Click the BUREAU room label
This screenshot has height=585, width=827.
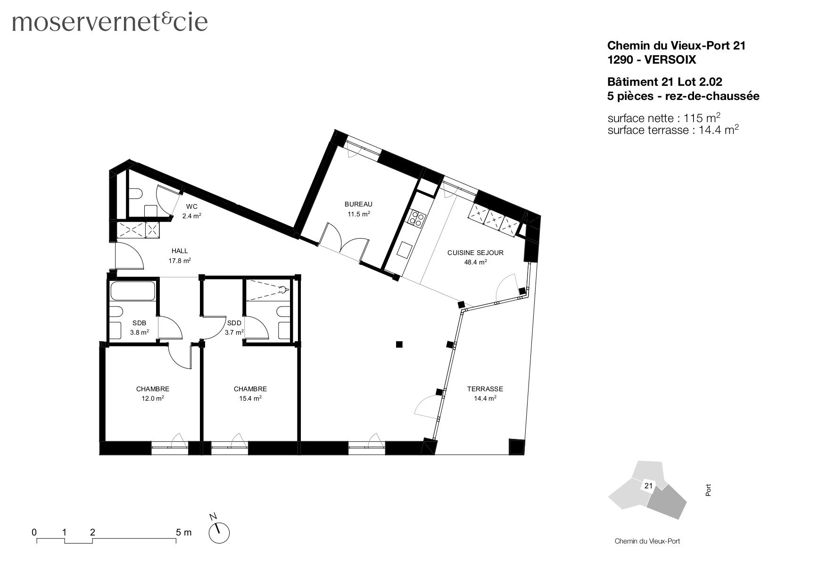pyautogui.click(x=358, y=204)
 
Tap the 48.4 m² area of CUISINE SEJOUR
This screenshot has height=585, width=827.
pyautogui.click(x=475, y=262)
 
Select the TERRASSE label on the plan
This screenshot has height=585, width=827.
pyautogui.click(x=485, y=389)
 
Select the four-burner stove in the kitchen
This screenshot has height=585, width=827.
pyautogui.click(x=416, y=218)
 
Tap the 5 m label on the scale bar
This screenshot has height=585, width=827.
pyautogui.click(x=183, y=533)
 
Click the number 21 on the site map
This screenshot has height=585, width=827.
pyautogui.click(x=648, y=486)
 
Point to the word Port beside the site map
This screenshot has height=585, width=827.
pyautogui.click(x=708, y=490)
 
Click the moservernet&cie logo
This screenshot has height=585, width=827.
pyautogui.click(x=109, y=22)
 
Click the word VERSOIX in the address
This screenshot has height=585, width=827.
pyautogui.click(x=670, y=60)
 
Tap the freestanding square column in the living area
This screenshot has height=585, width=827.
pyautogui.click(x=399, y=344)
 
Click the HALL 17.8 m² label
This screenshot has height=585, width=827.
pyautogui.click(x=179, y=255)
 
